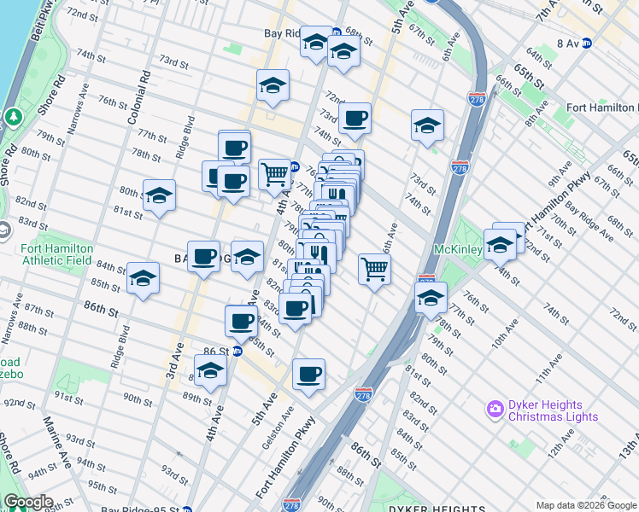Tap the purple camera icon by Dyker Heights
point(495,410)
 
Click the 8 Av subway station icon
point(587,43)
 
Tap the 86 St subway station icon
point(238,351)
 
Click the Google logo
point(28,501)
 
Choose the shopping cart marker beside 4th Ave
point(274,173)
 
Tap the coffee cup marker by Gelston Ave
point(308,373)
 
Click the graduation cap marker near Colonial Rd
point(159,195)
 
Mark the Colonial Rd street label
point(138,95)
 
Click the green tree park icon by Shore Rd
point(12,116)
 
